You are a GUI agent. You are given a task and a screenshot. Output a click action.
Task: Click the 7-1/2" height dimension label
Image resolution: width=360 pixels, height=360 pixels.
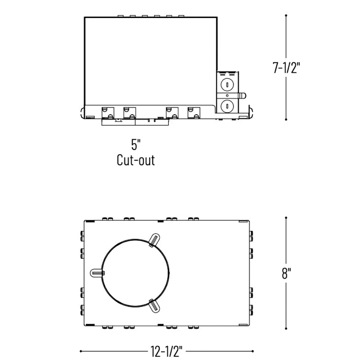click(286, 67)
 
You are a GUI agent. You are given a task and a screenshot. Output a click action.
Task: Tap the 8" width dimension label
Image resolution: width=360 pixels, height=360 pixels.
click(286, 273)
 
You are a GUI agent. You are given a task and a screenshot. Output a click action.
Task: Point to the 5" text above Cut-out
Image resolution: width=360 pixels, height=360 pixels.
click(135, 143)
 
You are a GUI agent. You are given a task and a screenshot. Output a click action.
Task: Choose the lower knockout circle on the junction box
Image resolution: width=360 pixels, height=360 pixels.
click(225, 106)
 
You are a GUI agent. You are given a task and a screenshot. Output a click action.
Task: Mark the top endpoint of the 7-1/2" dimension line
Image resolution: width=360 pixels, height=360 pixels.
click(286, 15)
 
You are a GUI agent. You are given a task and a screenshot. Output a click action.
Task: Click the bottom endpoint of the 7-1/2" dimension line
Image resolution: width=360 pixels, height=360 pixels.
click(286, 119)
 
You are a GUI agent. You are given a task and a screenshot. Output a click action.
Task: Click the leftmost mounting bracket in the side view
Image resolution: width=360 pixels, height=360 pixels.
click(107, 112)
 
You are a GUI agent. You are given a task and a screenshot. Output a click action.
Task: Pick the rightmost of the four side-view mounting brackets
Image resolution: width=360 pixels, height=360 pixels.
click(193, 112)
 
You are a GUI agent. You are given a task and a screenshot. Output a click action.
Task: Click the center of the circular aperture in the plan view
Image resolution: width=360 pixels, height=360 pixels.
click(135, 273)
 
